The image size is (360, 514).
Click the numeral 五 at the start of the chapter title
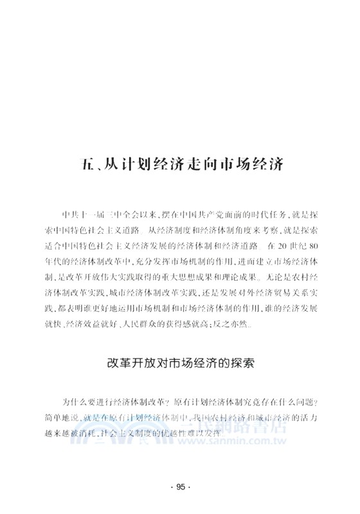pyautogui.click(x=74, y=161)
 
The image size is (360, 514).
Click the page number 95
pyautogui.click(x=181, y=486)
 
